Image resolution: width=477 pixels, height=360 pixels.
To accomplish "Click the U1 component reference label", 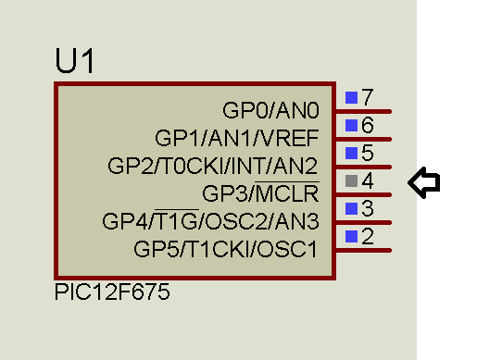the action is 74,61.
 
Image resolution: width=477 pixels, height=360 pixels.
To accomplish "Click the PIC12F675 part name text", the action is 112,292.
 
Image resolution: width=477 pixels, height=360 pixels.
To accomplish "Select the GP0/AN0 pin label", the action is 270,110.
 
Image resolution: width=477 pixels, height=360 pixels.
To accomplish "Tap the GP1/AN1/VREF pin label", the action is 237,138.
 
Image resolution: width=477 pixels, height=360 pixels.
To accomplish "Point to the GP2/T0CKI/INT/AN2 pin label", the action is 213,166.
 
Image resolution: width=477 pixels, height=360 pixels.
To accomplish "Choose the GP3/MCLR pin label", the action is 260,192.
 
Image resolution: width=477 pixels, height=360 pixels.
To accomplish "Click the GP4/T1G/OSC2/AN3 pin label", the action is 210,220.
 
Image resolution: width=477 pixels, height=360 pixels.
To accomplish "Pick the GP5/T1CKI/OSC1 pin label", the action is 225,249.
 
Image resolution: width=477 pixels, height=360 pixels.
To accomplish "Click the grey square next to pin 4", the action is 351,180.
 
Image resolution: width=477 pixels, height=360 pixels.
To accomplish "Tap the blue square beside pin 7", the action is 351,97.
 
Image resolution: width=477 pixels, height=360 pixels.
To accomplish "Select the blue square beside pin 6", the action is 351,125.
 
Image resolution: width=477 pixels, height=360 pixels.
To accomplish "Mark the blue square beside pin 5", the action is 351,153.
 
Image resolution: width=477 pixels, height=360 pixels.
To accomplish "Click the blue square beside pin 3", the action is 351,208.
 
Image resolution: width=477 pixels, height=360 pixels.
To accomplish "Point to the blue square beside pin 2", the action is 351,236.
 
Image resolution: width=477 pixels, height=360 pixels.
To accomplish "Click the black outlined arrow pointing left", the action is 424,182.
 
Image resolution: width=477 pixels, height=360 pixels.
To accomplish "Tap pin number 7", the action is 368,97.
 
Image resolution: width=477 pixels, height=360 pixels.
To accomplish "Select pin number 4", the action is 368,180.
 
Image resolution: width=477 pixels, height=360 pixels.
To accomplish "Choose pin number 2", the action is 368,236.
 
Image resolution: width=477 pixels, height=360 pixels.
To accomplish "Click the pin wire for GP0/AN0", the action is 364,111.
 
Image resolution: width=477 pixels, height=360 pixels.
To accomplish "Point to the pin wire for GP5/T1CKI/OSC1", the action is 364,250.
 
